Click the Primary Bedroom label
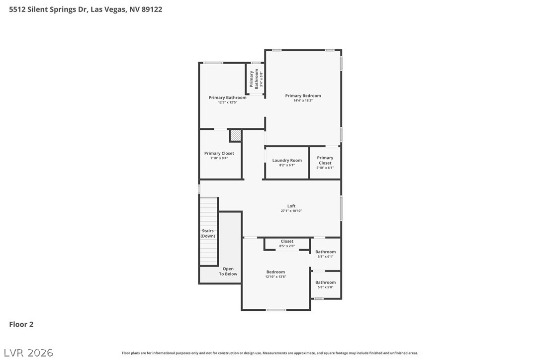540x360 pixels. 303,95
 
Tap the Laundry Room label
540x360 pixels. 287,161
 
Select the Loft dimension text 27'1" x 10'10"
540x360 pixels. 291,211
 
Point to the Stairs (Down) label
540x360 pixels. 208,233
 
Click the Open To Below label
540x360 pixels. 228,271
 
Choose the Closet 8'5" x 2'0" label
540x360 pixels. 287,241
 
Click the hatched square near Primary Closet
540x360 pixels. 235,135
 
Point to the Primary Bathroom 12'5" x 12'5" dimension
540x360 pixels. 227,102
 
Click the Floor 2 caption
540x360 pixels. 21,324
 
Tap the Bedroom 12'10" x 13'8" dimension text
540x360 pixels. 275,276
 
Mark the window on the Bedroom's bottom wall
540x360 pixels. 276,310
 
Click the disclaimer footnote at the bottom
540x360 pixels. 270,353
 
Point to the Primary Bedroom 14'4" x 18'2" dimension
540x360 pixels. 303,100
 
